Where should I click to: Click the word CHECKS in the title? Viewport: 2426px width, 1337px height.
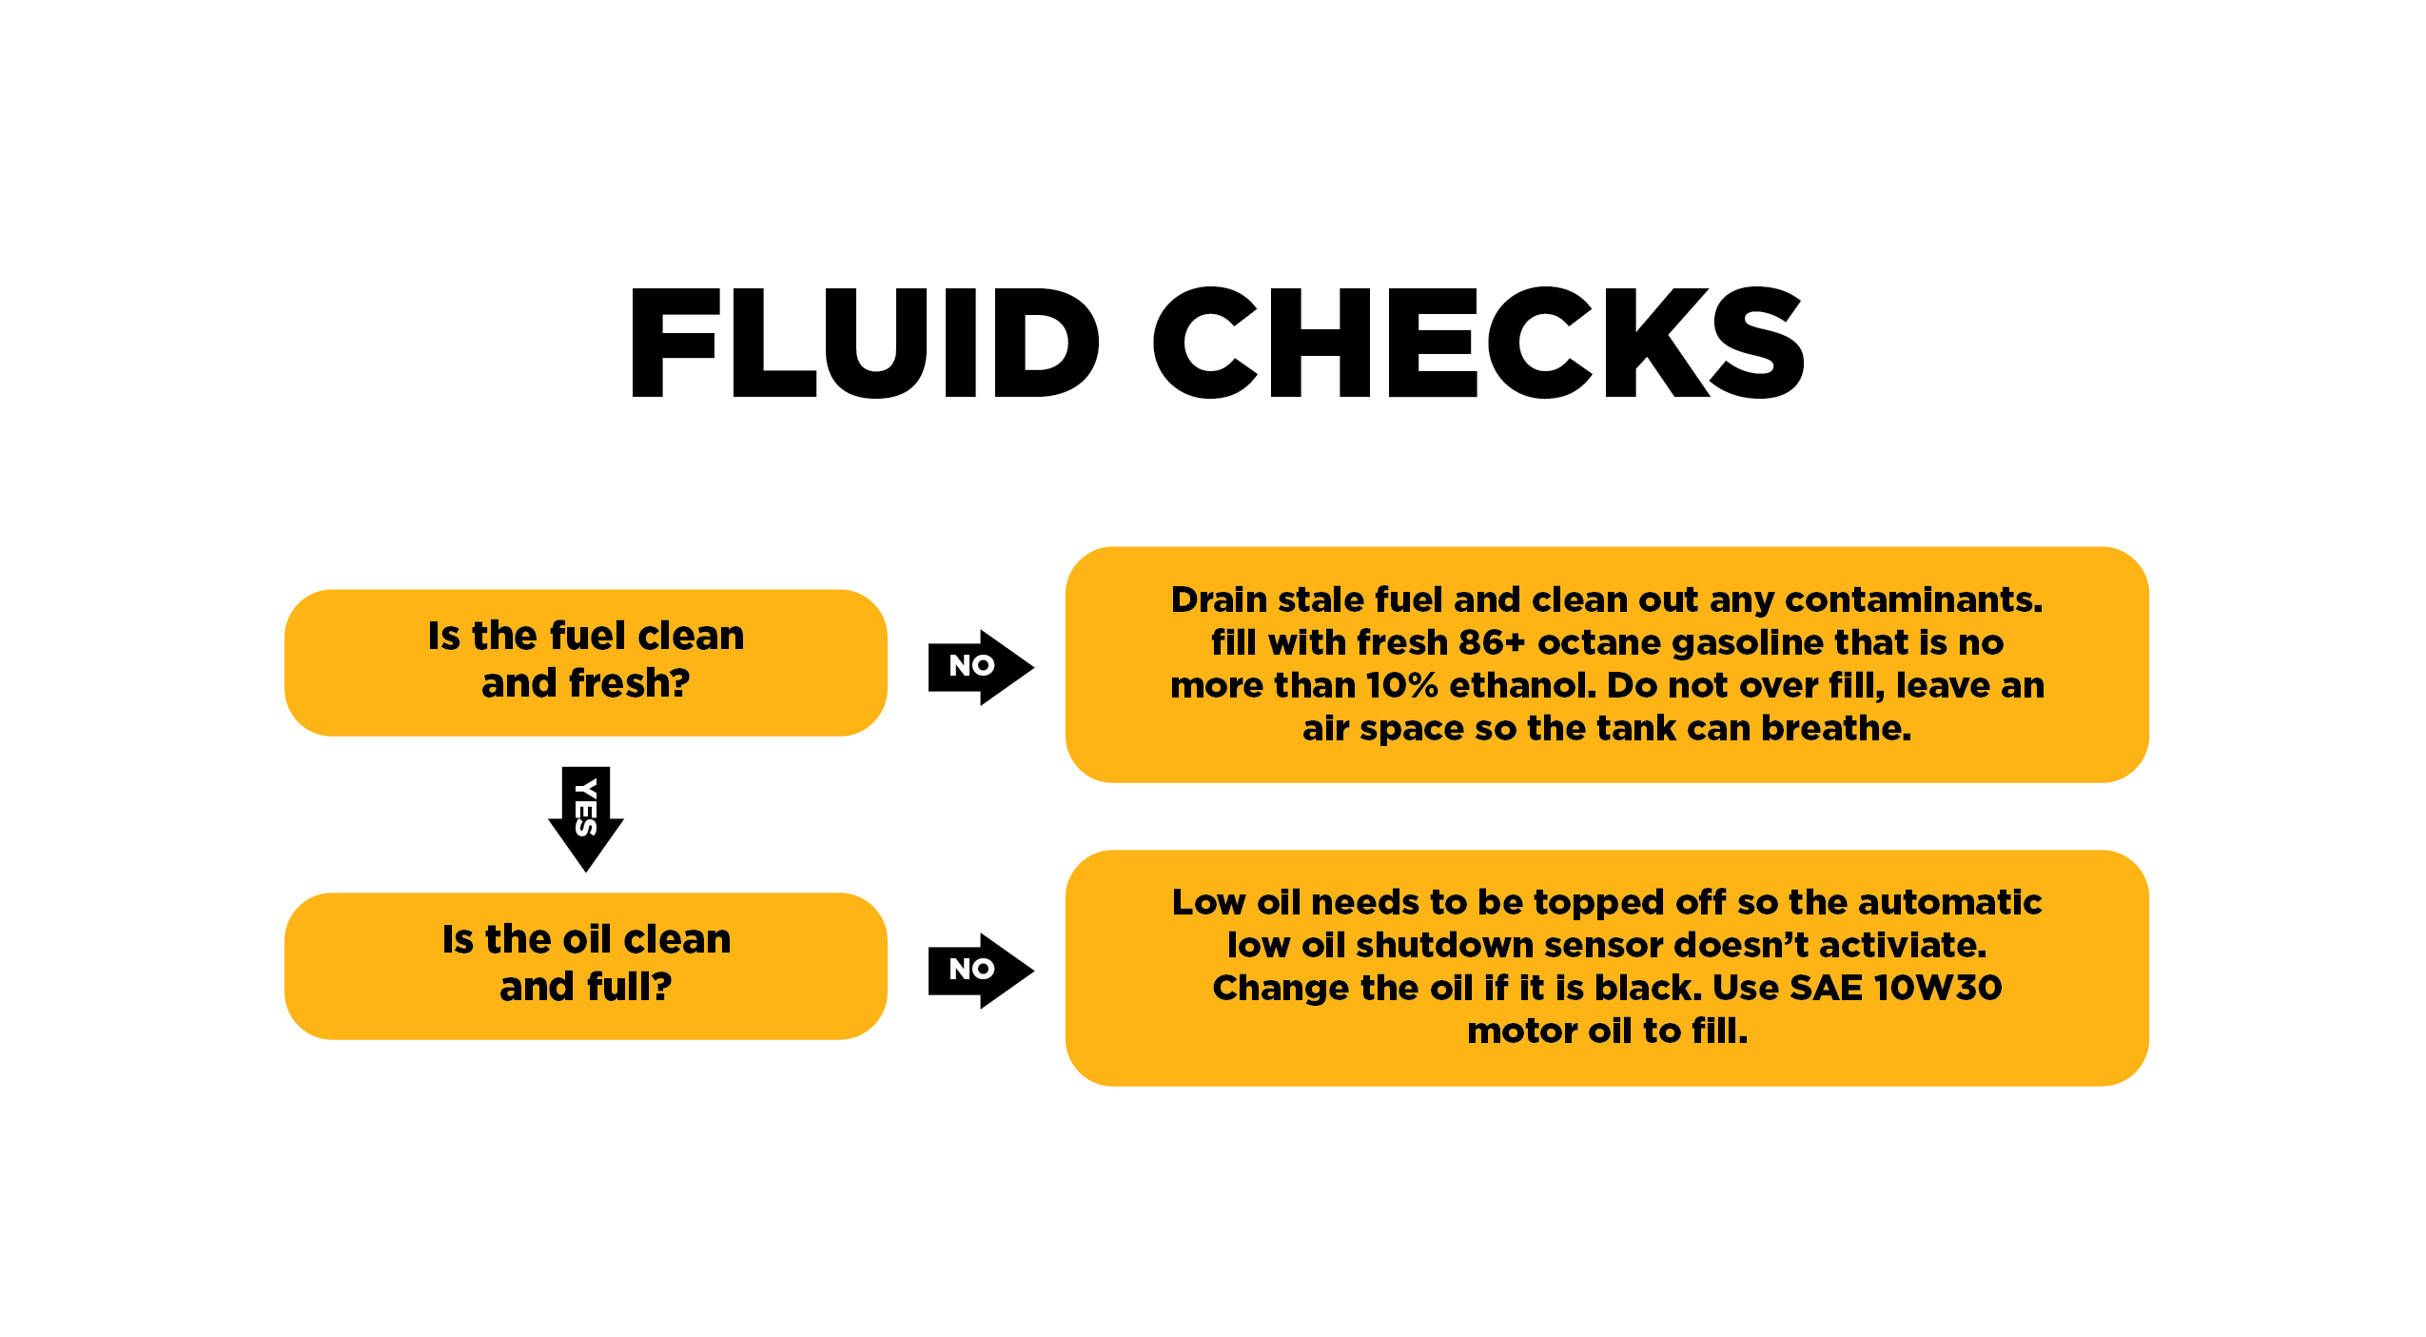point(1479,343)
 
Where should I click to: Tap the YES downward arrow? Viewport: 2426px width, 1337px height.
point(586,818)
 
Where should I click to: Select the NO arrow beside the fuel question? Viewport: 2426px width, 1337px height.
point(981,667)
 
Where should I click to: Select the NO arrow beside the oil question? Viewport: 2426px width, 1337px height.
point(981,971)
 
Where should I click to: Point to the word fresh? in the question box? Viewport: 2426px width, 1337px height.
point(629,682)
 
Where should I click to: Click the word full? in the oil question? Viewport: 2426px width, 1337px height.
point(629,986)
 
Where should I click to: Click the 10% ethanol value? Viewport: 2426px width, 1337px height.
point(1401,685)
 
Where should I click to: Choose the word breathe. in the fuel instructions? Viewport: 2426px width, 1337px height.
point(1836,728)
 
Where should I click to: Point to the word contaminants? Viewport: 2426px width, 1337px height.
point(1914,600)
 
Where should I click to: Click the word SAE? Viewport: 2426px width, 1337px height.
point(1827,988)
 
